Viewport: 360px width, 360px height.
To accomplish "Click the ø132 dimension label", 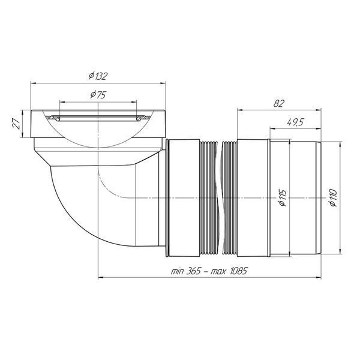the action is (x=98, y=76).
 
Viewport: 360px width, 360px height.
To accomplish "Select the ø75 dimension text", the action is (x=98, y=94).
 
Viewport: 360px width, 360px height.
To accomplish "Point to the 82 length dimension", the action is (x=279, y=104).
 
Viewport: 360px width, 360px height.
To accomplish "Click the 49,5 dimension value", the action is (x=295, y=122).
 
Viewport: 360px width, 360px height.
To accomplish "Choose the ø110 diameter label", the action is (x=332, y=198).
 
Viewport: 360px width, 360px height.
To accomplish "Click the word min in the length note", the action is (x=177, y=271).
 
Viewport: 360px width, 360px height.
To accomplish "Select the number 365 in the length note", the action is (x=193, y=271).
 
